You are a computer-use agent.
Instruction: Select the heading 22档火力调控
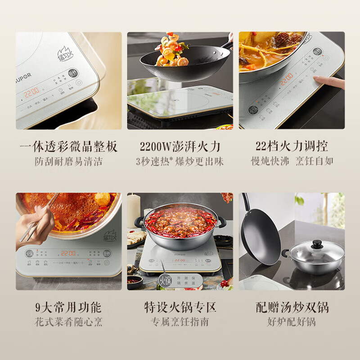click(x=292, y=147)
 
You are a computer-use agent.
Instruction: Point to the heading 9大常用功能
click(x=69, y=308)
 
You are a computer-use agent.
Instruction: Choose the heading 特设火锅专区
click(x=180, y=308)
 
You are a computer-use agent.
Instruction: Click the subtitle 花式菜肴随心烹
click(x=69, y=322)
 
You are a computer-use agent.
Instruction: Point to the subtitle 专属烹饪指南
click(x=180, y=322)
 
